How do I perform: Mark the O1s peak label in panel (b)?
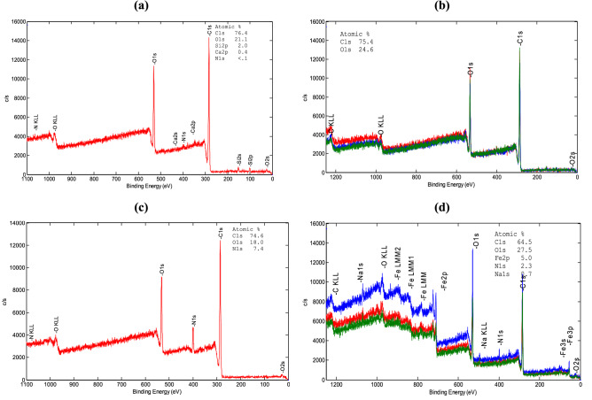point(470,65)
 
